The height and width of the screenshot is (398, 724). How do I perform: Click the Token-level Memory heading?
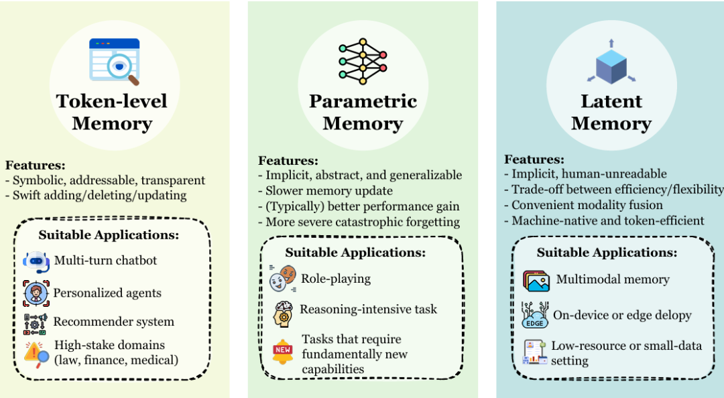coord(112,113)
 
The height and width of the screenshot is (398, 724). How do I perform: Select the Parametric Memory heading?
coord(363,113)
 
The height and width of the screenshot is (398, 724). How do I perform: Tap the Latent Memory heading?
coord(611,113)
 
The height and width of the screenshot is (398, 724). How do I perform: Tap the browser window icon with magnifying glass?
coord(114,61)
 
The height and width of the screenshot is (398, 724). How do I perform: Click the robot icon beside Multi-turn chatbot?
coord(36,261)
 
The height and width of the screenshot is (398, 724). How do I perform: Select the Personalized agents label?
coord(107,293)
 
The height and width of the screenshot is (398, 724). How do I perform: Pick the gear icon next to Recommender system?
coord(36,323)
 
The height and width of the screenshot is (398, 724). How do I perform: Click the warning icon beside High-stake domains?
coord(36,352)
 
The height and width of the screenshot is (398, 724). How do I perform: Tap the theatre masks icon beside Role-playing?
coord(282,278)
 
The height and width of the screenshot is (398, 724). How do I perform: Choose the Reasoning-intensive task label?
coord(368,309)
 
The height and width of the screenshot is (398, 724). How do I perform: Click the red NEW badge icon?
coord(283,350)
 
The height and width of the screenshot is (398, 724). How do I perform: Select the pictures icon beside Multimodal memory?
coord(537,280)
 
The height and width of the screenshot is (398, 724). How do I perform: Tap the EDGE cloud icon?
coord(535,315)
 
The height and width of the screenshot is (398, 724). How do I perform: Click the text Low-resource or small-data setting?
coord(626,353)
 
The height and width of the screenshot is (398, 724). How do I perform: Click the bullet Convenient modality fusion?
coord(587,205)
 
